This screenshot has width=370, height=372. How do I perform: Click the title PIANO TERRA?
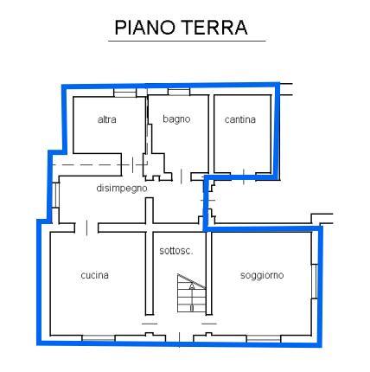point(181,28)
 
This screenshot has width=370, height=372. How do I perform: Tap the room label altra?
point(107,119)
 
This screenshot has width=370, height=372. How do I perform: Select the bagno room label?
point(176,119)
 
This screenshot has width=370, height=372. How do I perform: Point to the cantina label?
point(240,119)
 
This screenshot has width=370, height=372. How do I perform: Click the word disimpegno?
point(122,189)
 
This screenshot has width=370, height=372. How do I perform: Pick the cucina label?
point(95,275)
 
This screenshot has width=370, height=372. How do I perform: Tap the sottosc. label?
point(176,251)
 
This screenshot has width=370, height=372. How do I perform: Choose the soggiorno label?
point(262,275)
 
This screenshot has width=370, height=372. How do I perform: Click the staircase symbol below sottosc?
point(191,293)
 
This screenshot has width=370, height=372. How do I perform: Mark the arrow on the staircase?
point(192,297)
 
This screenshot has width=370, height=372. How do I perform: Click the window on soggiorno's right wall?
point(315,281)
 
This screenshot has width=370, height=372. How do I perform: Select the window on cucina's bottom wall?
point(99,338)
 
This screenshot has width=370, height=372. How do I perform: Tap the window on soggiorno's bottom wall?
point(264,338)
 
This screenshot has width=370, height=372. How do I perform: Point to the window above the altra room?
point(124,93)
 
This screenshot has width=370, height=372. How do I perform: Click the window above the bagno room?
point(179,92)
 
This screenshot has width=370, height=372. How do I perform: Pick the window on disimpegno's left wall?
point(56,195)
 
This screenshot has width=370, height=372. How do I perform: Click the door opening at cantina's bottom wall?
point(244,176)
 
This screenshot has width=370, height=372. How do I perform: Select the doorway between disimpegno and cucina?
point(86,228)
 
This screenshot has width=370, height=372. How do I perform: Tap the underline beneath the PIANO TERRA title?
point(187,42)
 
